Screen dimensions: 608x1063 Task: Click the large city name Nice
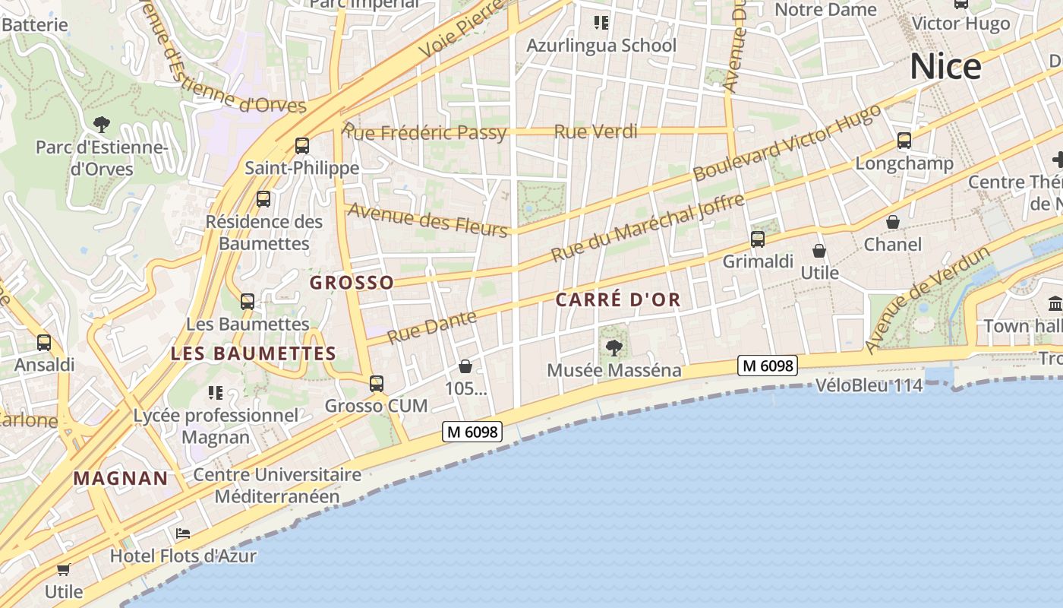(x=945, y=67)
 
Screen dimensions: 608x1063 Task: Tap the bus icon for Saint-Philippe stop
(x=302, y=145)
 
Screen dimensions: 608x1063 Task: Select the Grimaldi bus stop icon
(x=758, y=239)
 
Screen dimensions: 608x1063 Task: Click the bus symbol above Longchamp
(x=904, y=141)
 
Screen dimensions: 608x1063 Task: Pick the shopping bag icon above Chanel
(x=893, y=222)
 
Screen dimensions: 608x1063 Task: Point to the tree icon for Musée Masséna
(x=614, y=348)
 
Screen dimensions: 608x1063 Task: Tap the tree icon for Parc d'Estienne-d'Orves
(x=101, y=124)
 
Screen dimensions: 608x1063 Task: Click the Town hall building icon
(x=1055, y=304)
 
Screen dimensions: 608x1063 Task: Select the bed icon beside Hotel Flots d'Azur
(x=182, y=534)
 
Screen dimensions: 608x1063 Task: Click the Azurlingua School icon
(x=601, y=23)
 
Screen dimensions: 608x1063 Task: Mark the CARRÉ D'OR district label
(x=618, y=299)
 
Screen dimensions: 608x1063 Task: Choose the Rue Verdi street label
(x=595, y=131)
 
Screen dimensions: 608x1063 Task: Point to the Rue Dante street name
(x=431, y=327)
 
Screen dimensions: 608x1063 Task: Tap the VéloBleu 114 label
(x=869, y=385)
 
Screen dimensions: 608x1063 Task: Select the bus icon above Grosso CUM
(x=377, y=384)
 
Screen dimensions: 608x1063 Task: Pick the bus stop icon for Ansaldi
(x=44, y=343)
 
